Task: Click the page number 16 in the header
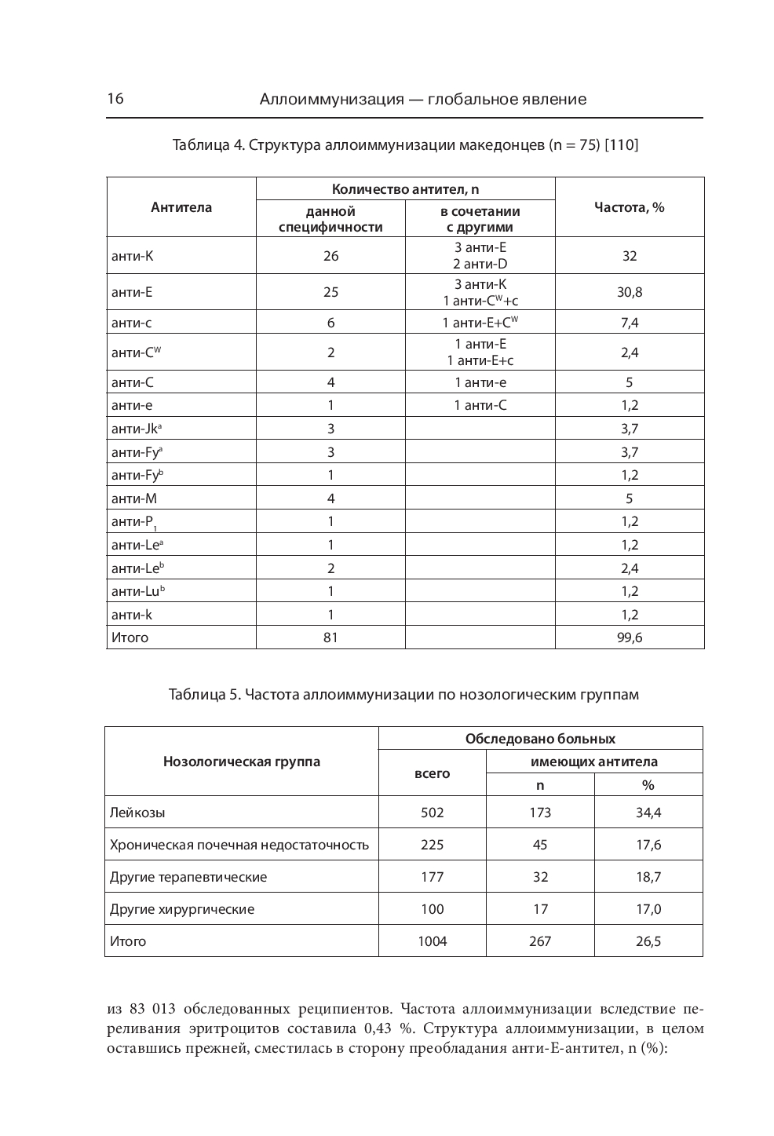(x=115, y=99)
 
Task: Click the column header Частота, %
(x=629, y=207)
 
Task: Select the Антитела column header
(x=181, y=207)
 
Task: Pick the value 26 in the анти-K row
(x=330, y=256)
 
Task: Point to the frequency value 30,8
(x=629, y=292)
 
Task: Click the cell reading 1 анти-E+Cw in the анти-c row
(x=480, y=323)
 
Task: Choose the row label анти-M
(x=134, y=499)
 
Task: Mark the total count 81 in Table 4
(x=330, y=637)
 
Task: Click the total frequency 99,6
(x=629, y=637)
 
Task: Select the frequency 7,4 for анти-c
(x=629, y=323)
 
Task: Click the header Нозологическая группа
(x=241, y=762)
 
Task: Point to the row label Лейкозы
(x=137, y=813)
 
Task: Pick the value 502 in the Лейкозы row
(x=432, y=813)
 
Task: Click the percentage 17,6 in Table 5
(x=648, y=845)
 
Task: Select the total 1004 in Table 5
(x=432, y=941)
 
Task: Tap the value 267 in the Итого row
(x=540, y=941)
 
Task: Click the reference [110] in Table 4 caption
(x=621, y=145)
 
